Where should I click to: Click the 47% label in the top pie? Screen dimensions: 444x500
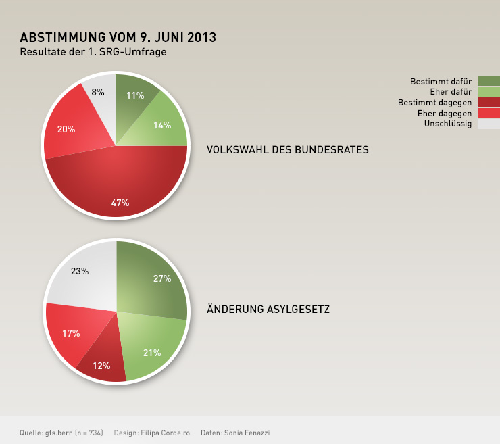click(120, 203)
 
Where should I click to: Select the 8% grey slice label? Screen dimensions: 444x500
click(98, 92)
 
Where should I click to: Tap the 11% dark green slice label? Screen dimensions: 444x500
click(135, 95)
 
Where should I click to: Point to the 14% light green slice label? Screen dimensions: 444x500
click(162, 125)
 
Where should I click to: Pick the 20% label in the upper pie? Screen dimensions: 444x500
click(66, 129)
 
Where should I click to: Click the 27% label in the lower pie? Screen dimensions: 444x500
click(162, 278)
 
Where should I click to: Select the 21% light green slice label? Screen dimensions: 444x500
click(151, 352)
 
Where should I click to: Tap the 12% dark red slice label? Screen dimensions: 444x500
click(101, 366)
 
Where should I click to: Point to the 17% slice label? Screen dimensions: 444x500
click(71, 333)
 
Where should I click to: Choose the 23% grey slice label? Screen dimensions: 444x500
click(80, 272)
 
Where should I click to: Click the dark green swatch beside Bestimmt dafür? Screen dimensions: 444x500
click(489, 81)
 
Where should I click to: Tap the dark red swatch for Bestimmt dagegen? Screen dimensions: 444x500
click(489, 102)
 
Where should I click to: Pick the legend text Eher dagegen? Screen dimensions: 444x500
click(445, 113)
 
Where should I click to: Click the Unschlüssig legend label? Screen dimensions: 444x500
click(447, 124)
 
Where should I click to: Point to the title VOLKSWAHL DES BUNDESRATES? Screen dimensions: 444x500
click(287, 149)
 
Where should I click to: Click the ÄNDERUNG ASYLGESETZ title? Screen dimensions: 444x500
click(268, 309)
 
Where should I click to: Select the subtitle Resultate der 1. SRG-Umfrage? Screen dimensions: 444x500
click(93, 51)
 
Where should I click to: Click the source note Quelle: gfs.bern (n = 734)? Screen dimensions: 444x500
click(61, 433)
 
